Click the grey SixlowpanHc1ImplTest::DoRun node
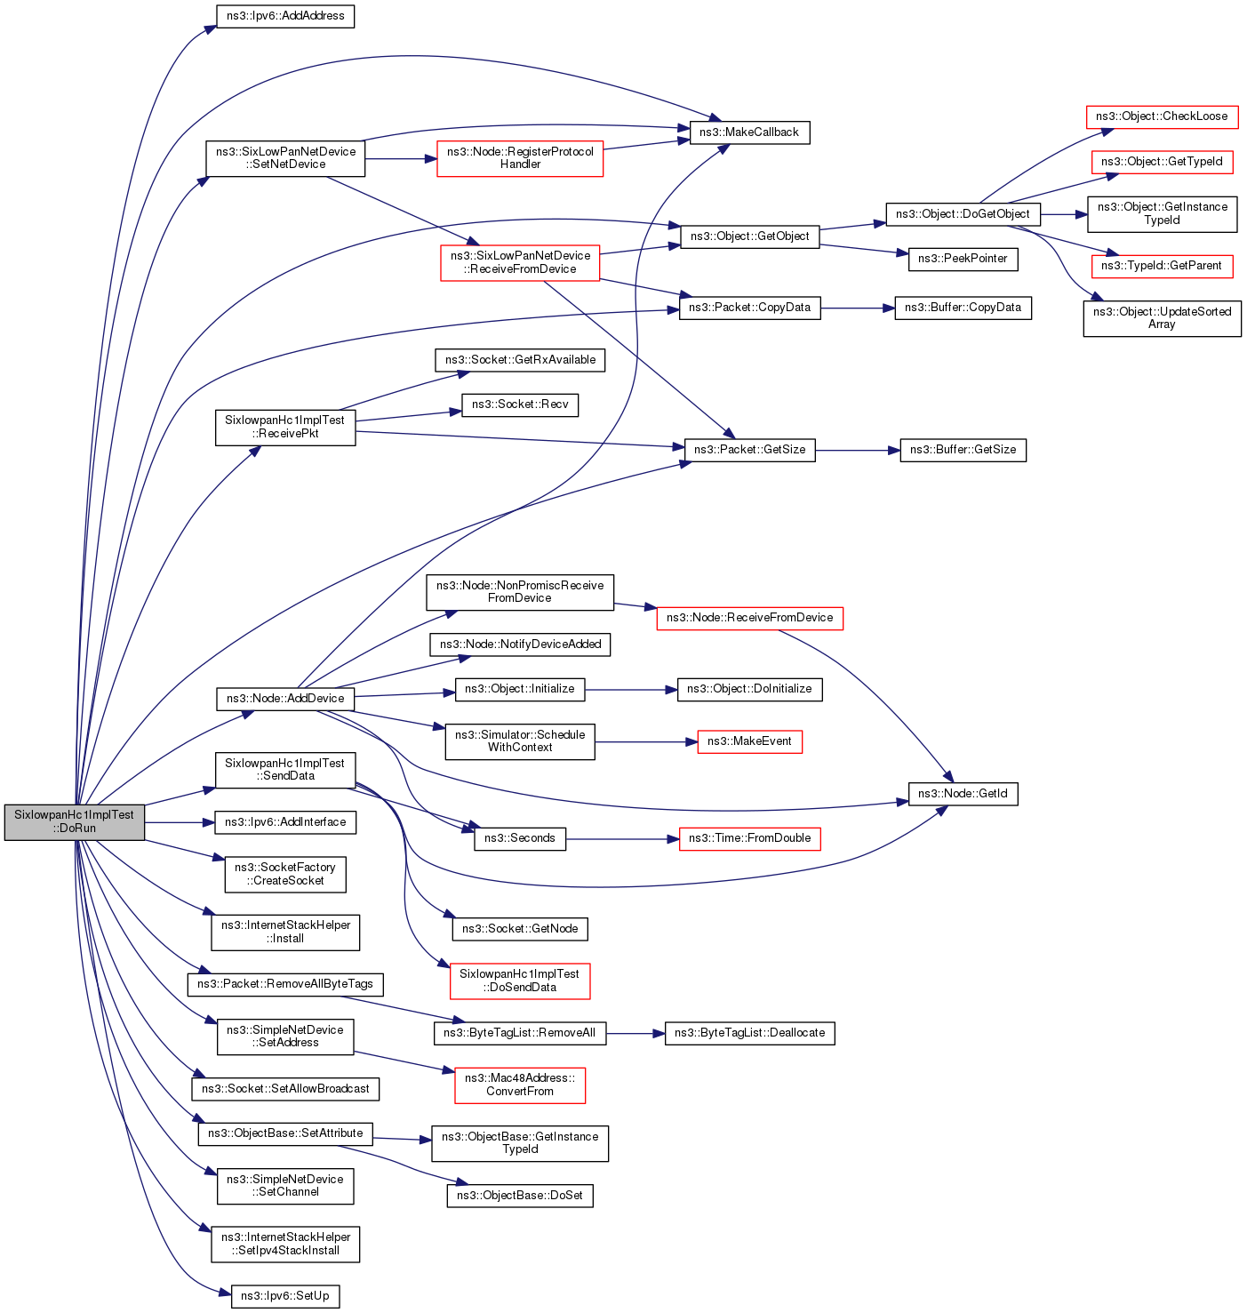[74, 821]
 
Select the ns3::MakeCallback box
[748, 132]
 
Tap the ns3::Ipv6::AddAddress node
[285, 16]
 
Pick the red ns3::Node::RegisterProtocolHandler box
[520, 158]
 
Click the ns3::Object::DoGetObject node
[963, 214]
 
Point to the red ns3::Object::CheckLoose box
[1161, 116]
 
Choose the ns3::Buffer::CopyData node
[963, 308]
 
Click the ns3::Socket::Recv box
[520, 404]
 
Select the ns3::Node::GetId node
[963, 794]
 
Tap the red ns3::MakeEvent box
[749, 741]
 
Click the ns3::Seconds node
[520, 838]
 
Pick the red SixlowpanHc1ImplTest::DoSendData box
[520, 981]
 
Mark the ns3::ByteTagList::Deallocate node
[749, 1033]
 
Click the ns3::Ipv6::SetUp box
[284, 1296]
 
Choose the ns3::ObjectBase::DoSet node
[520, 1196]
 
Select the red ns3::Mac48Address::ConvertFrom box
[520, 1085]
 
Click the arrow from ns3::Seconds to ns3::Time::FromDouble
[622, 838]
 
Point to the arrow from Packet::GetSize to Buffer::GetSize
[857, 451]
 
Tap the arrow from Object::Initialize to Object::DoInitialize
[630, 689]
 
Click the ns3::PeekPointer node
[963, 259]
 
